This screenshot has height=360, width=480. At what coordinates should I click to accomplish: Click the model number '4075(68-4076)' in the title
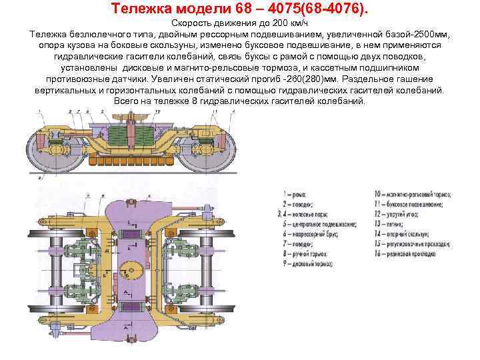tap(312, 9)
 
